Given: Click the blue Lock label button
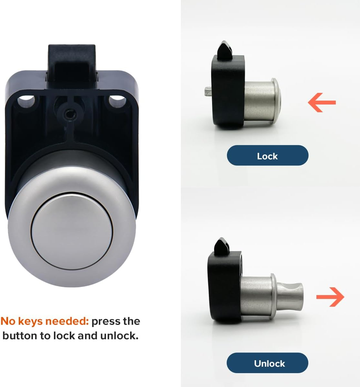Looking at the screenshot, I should (x=267, y=156).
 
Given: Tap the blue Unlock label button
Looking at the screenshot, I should (x=267, y=363).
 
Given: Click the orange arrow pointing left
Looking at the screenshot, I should (x=322, y=103).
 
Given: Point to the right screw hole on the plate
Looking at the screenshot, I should (x=116, y=101).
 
